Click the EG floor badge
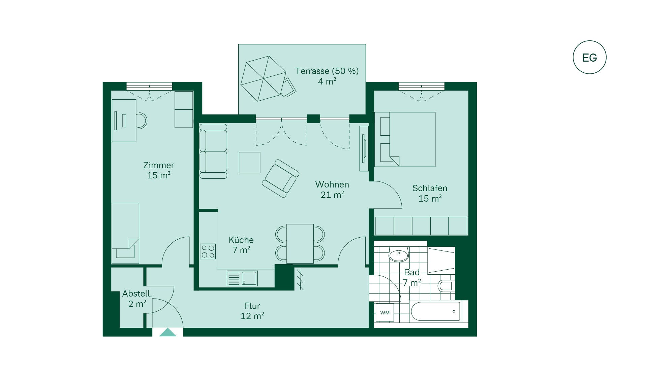tap(589, 57)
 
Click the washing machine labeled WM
tap(385, 313)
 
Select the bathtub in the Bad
tap(435, 311)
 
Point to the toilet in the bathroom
tap(446, 285)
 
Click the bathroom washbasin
tap(399, 254)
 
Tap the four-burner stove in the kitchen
tap(208, 251)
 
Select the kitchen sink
tap(242, 278)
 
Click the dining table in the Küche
tap(300, 244)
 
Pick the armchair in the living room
tap(281, 178)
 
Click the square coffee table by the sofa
tap(250, 163)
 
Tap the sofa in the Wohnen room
tap(213, 151)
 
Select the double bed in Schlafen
tap(405, 139)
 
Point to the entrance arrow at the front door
tap(168, 332)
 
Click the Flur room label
tap(252, 311)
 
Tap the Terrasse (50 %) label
tap(327, 71)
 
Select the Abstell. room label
tap(137, 294)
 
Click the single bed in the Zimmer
tap(125, 233)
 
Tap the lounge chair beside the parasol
tap(288, 88)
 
